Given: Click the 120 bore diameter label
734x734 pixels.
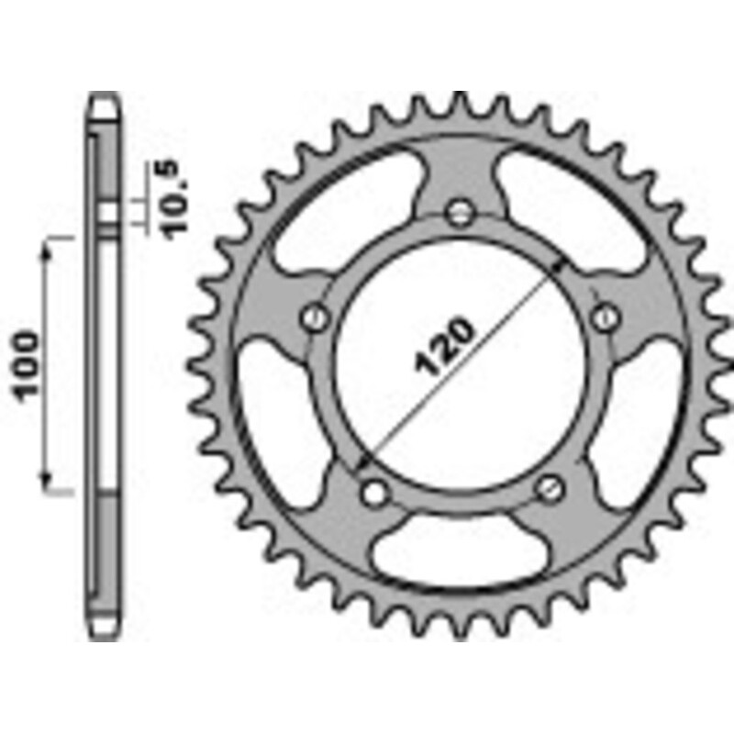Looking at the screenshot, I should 443,348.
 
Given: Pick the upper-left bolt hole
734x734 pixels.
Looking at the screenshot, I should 316,317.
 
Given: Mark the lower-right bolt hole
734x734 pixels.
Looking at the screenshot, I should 549,488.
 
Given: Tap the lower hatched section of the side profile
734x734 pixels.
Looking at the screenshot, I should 106,550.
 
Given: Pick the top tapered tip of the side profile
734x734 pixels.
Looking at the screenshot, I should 106,101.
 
